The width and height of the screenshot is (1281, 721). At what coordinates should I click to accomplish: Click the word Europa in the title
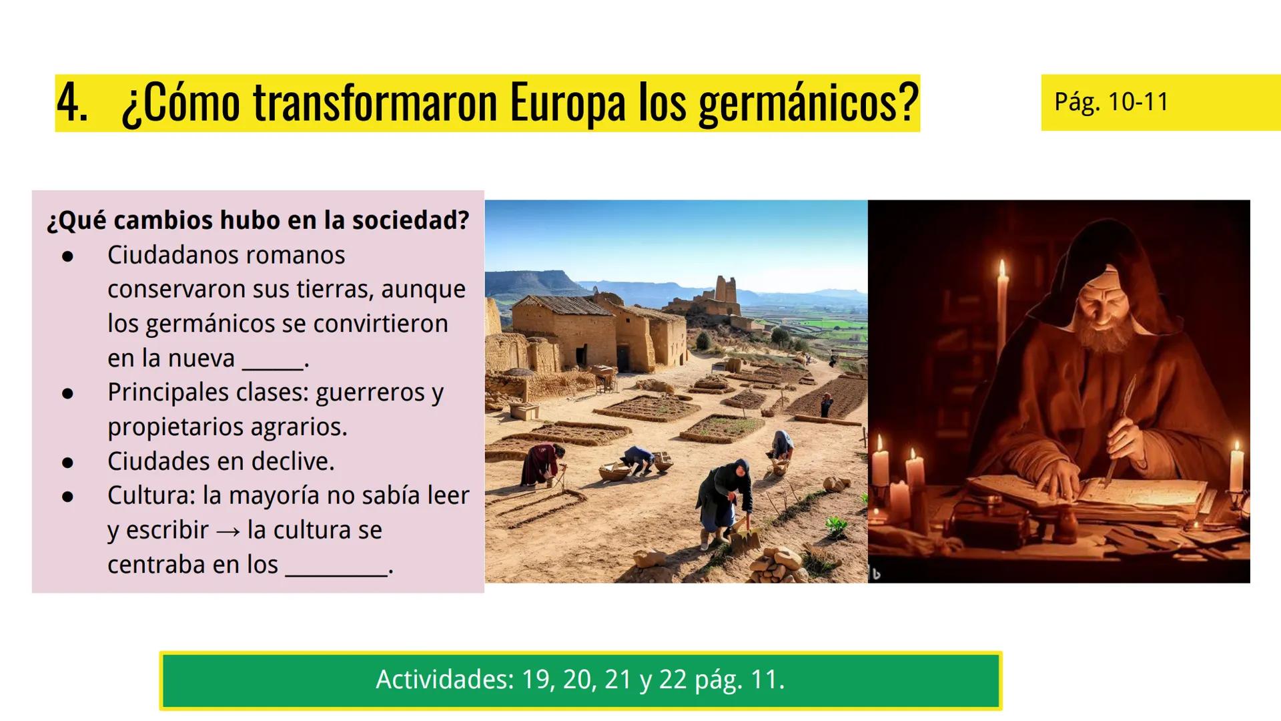567,103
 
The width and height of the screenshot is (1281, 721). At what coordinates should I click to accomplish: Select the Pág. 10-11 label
1112,102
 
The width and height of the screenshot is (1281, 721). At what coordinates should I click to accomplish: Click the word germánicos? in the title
809,103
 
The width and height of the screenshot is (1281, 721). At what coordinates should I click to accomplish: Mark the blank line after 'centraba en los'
336,573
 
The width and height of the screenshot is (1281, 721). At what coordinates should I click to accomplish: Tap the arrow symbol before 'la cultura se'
228,531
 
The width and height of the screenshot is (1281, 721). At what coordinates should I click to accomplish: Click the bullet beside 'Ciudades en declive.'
67,462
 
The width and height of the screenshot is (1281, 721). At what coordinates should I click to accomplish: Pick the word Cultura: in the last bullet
151,495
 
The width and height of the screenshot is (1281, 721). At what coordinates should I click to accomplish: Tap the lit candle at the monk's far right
1236,467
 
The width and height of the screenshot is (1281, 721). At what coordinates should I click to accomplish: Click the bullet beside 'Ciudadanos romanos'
67,256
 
